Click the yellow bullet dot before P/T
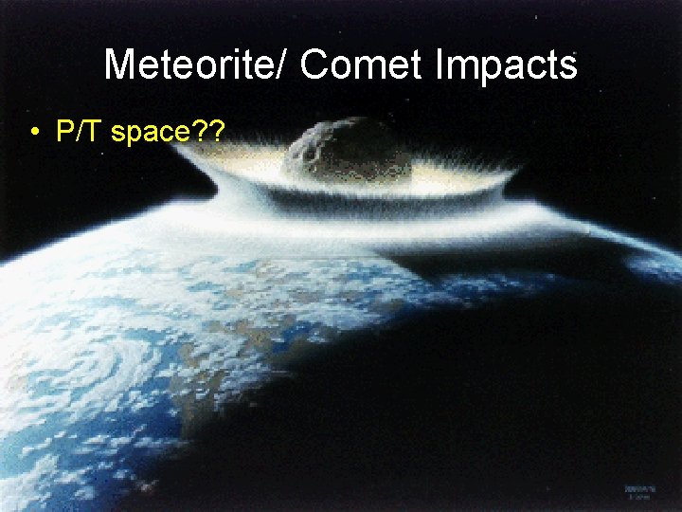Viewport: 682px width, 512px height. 34,133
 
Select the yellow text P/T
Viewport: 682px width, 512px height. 81,133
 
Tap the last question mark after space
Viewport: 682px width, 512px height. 217,133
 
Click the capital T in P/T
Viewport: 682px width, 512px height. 96,133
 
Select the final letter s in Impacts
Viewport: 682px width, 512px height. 568,66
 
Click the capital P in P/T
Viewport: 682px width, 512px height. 65,133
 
